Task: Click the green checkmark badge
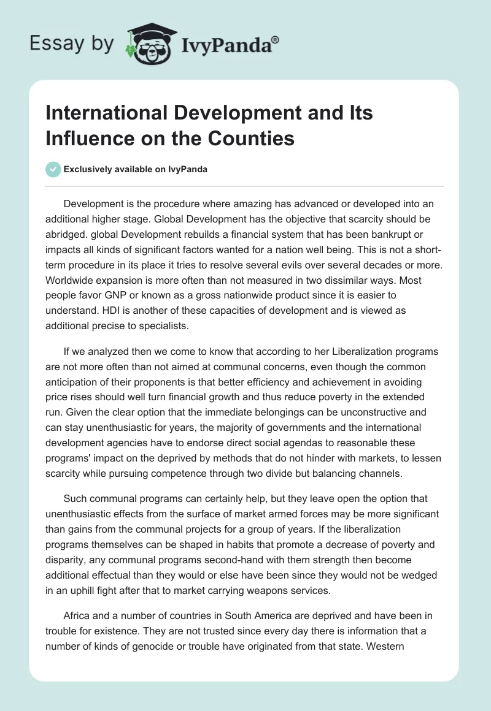tap(54, 169)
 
